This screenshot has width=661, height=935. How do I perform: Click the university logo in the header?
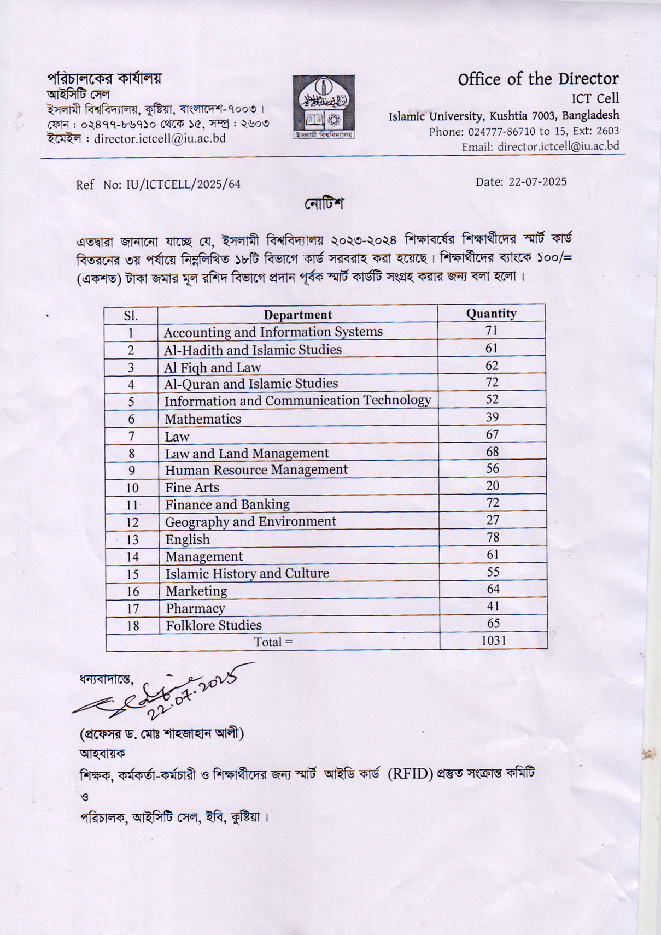(x=324, y=107)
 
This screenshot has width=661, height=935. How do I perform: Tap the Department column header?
(x=297, y=315)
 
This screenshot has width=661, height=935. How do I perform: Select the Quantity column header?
(x=491, y=314)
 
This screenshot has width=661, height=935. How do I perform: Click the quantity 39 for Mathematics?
(x=492, y=417)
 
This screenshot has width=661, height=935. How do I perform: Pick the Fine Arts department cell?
(x=192, y=487)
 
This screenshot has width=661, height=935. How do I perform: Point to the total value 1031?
(x=494, y=640)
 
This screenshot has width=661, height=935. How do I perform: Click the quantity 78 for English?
(x=493, y=537)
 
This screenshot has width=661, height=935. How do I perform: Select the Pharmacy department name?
(x=195, y=608)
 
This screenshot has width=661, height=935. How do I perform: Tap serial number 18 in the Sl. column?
(x=133, y=626)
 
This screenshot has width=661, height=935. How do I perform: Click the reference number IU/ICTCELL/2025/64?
(x=183, y=185)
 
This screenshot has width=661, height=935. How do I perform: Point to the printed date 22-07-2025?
(x=537, y=182)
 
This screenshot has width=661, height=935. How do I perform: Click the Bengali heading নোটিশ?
(x=324, y=204)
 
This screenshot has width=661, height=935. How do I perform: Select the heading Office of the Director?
(x=538, y=79)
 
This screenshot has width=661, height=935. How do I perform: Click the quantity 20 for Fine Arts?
(x=493, y=485)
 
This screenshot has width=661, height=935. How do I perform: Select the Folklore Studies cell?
(x=214, y=625)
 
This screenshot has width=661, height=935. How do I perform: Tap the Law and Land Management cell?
(x=247, y=454)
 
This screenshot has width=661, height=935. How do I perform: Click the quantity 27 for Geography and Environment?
(x=493, y=520)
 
